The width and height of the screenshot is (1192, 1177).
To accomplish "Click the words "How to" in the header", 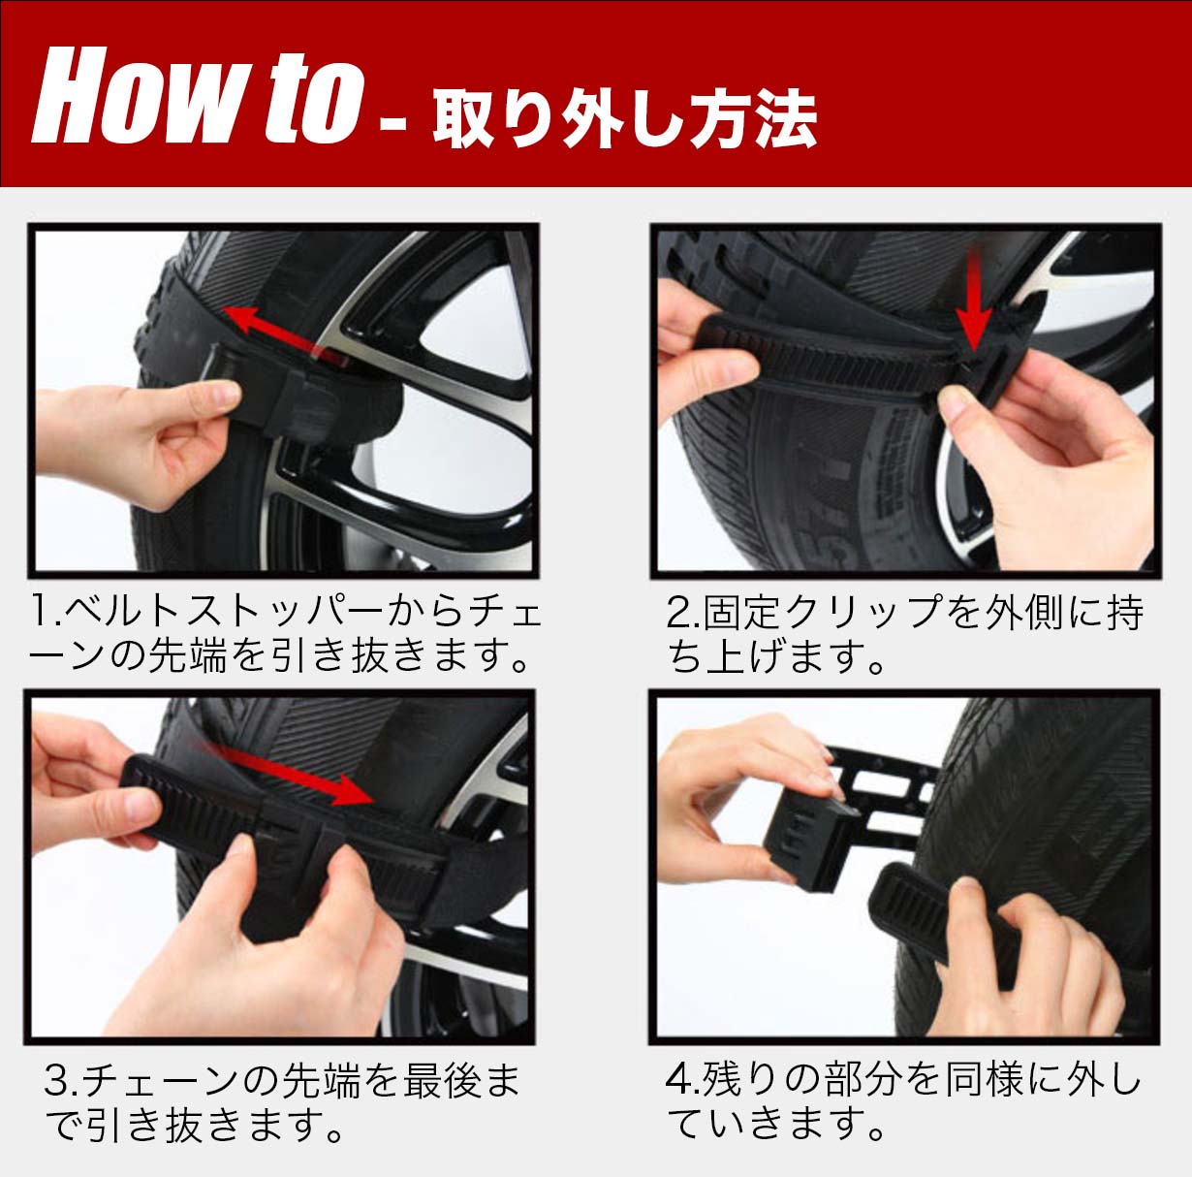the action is click(x=197, y=95).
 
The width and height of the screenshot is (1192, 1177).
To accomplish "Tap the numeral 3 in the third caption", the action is click(x=57, y=1081).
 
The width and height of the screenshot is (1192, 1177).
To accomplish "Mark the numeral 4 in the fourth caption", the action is click(x=678, y=1081).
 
